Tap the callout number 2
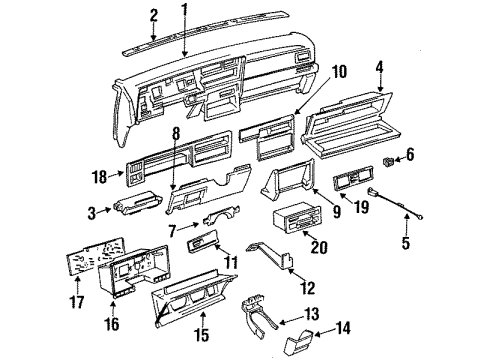(x=153, y=14)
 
